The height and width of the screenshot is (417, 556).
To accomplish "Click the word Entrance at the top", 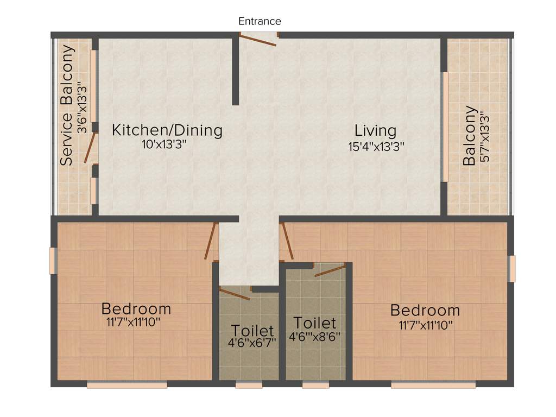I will coord(260,21).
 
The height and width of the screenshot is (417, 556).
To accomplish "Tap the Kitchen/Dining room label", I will coord(167,130).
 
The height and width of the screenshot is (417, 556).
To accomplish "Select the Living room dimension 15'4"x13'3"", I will coord(376,147).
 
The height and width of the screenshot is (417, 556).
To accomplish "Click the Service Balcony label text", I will coord(67,105).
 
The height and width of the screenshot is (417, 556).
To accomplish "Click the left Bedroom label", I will coord(136,309).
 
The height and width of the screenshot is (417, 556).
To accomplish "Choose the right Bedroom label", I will coord(425,311).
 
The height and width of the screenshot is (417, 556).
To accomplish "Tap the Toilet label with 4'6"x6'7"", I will coord(252,330).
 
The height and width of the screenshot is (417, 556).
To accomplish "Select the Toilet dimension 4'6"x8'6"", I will coord(314,336).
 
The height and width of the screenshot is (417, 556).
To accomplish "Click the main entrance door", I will coord(258,40).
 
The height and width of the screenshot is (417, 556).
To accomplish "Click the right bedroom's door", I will coord(287,241).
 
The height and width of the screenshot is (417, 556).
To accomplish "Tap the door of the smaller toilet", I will coord(235,293).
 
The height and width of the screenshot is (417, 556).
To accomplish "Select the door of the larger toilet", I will coord(330,270).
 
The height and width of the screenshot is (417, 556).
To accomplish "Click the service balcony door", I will coord(90,148).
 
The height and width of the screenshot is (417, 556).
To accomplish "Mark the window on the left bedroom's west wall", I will coord(53,261).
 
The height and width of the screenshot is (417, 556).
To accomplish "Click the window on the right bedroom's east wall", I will coord(511,269).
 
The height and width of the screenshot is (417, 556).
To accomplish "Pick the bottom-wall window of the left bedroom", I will coord(127,385).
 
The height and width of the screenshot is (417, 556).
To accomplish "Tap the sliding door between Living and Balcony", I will coord(445,127).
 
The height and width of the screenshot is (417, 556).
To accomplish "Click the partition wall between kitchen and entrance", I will coord(235,71).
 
